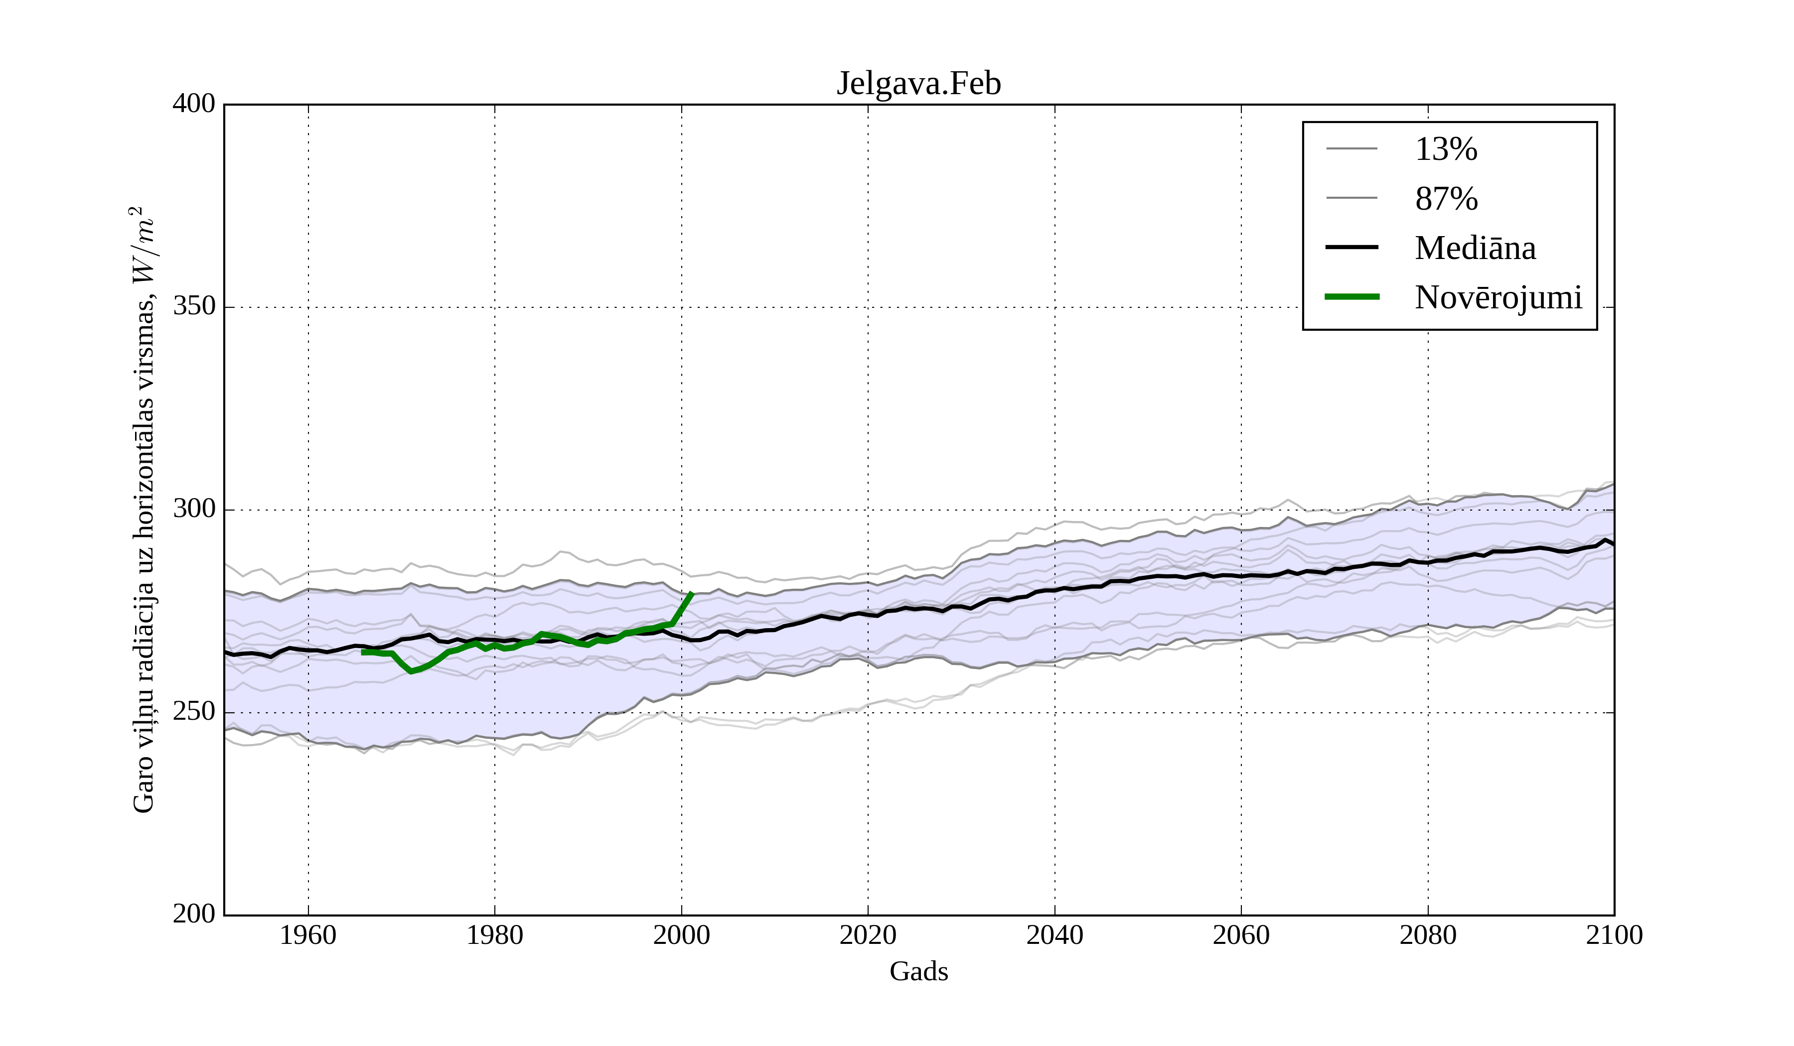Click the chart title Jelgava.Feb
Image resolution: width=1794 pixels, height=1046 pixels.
click(918, 84)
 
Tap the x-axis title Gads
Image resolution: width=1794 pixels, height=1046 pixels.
click(918, 971)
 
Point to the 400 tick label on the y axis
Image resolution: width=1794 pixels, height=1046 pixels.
click(194, 104)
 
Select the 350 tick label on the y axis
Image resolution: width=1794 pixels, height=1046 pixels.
click(194, 307)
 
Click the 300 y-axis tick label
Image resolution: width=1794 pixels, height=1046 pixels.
click(194, 510)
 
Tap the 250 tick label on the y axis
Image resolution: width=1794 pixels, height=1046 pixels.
click(194, 712)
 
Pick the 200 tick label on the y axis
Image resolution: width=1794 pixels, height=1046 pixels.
click(194, 915)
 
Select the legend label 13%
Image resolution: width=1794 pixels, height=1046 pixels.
click(1446, 149)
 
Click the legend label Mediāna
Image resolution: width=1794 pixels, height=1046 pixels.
click(1475, 249)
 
